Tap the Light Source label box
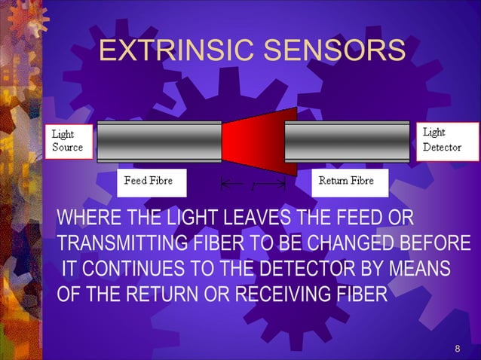(x=69, y=141)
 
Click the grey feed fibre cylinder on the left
(x=159, y=141)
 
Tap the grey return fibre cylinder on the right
(x=347, y=141)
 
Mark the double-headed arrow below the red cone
(x=253, y=183)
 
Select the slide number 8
(x=457, y=348)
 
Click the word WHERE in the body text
(x=82, y=219)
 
